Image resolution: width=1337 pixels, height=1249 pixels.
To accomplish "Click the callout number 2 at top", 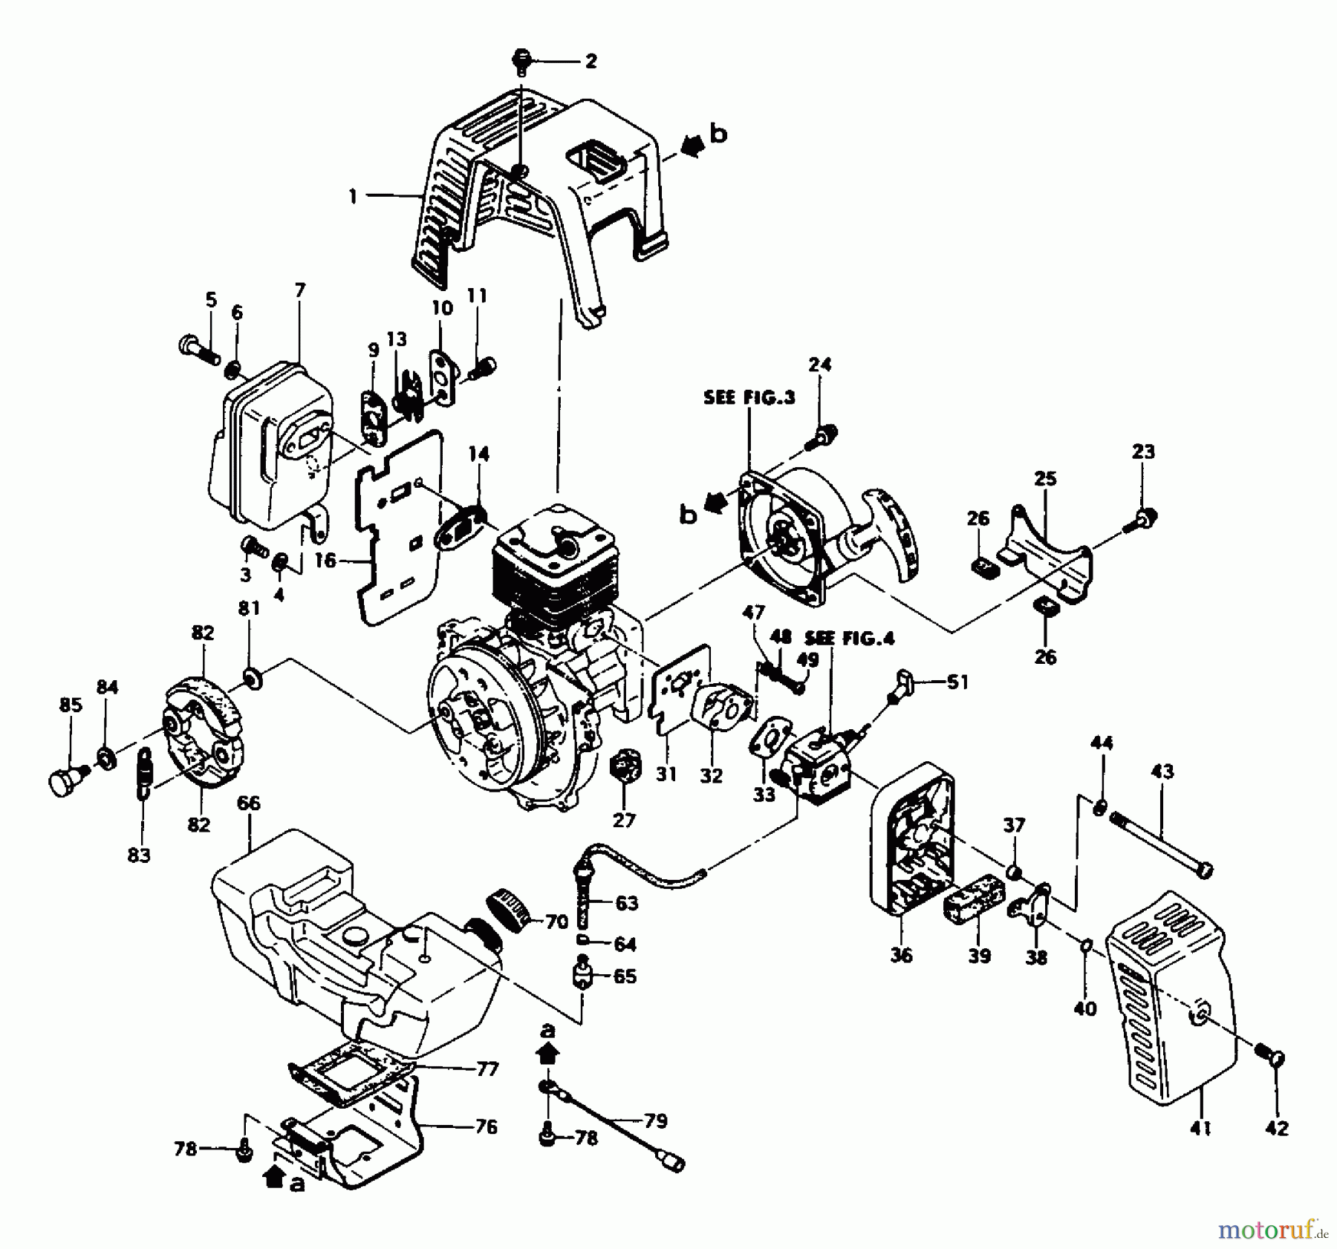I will point(591,61).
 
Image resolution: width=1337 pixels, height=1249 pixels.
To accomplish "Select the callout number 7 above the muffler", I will point(299,290).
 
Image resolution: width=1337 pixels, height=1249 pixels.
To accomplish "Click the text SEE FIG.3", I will point(749,397).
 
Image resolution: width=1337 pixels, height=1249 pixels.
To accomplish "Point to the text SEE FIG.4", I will point(850,637).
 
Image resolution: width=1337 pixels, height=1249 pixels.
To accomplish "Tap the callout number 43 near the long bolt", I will point(1162,772).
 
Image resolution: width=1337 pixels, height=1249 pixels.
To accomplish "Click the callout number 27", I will point(624,820).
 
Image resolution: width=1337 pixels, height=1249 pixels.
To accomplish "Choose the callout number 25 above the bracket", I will point(1045,479).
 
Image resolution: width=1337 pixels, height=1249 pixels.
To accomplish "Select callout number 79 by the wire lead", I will point(656,1121).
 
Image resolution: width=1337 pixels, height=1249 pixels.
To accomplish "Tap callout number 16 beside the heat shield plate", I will point(325,561).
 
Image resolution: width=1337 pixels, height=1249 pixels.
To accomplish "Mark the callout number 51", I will point(957,682).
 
